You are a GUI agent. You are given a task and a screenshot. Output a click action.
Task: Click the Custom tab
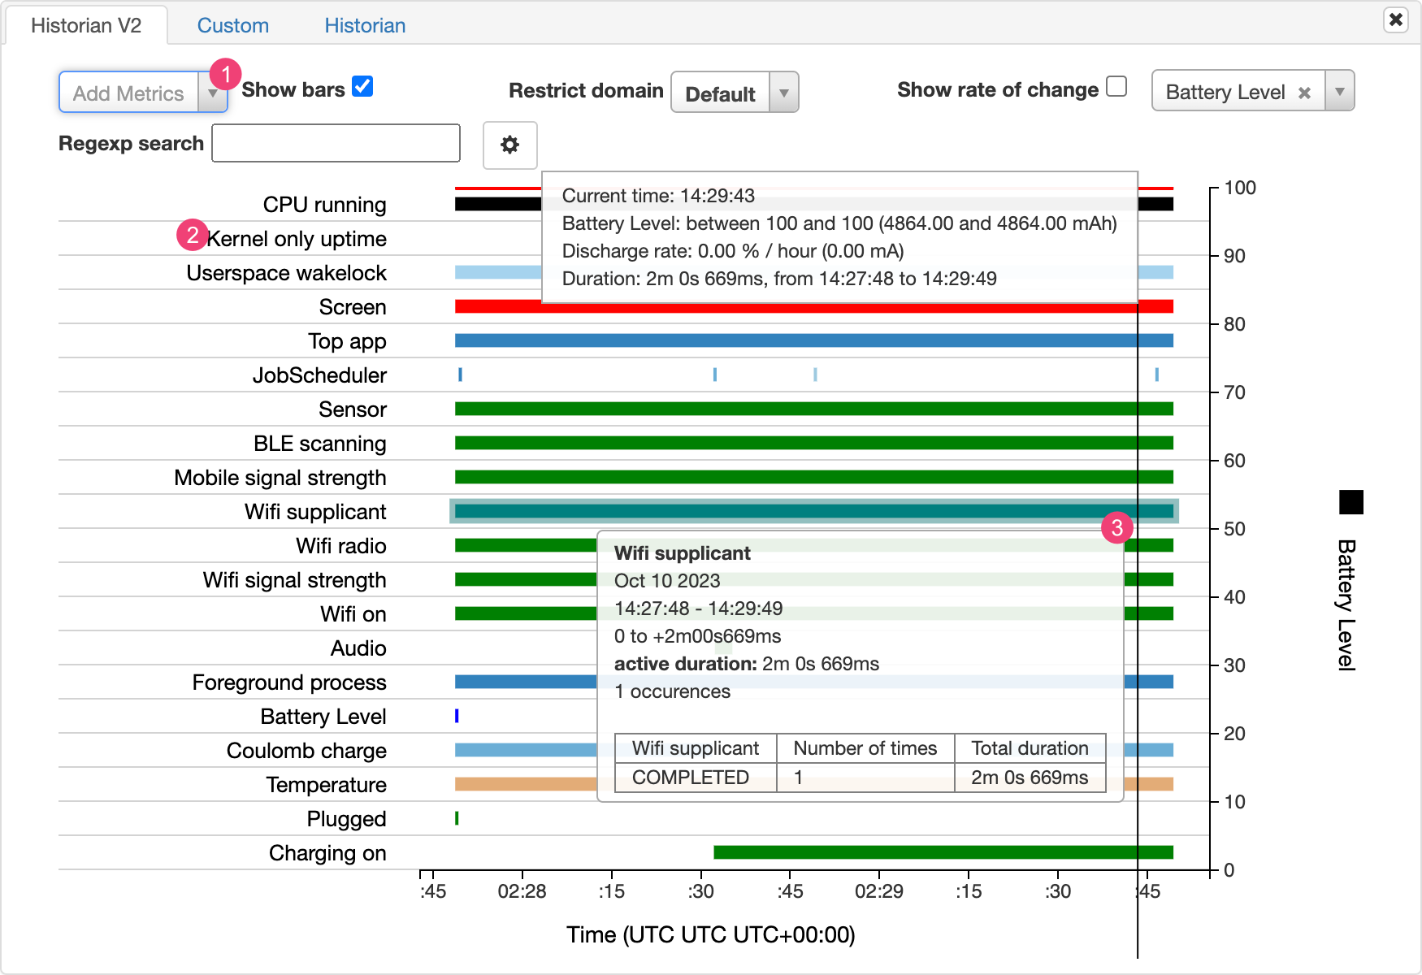click(x=232, y=25)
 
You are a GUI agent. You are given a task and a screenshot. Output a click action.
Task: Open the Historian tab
click(x=365, y=25)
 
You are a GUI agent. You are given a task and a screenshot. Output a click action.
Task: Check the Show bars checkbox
click(x=362, y=87)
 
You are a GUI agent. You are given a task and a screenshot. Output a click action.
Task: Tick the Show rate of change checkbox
click(x=1116, y=87)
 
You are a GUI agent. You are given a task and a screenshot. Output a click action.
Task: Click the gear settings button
click(x=509, y=145)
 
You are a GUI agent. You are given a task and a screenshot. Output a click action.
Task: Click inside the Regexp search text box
click(x=336, y=144)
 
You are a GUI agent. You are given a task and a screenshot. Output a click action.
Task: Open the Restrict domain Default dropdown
click(x=734, y=93)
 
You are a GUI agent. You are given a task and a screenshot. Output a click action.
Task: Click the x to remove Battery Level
click(x=1304, y=93)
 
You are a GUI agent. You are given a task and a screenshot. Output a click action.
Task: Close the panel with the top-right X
click(x=1395, y=19)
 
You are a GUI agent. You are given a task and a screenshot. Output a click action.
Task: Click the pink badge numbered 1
click(x=225, y=74)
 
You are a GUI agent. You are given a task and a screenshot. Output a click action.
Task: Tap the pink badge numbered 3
click(x=1117, y=528)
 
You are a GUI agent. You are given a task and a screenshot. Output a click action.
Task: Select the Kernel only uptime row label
click(x=297, y=239)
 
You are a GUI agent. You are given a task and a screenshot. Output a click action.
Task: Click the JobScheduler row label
click(x=319, y=375)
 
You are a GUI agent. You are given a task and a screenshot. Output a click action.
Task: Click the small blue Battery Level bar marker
click(x=457, y=716)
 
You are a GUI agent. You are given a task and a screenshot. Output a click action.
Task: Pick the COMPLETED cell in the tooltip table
click(x=690, y=778)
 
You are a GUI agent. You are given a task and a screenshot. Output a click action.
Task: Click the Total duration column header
click(x=1030, y=748)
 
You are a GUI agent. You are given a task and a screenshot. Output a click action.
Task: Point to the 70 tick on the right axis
click(x=1233, y=392)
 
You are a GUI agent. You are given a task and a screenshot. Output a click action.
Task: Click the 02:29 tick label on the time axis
click(x=878, y=891)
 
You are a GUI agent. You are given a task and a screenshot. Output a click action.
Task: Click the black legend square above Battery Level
click(x=1350, y=502)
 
